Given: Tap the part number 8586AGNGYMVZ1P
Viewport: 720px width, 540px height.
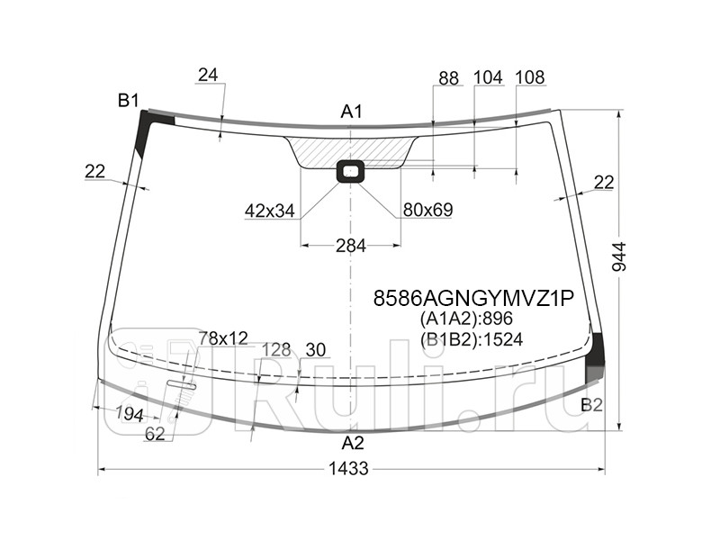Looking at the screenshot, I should [x=473, y=299].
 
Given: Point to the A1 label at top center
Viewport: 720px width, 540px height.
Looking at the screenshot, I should [x=351, y=112].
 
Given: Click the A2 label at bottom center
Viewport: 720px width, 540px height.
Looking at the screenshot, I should [x=353, y=443].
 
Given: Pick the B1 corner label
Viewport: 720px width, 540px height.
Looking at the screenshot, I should [x=129, y=100].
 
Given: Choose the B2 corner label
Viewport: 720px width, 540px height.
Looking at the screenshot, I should [x=591, y=404].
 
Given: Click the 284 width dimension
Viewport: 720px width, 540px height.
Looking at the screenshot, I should [x=350, y=246].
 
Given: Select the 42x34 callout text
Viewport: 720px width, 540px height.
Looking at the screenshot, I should [x=269, y=211].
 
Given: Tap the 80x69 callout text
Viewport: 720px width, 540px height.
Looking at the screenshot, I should [x=427, y=211].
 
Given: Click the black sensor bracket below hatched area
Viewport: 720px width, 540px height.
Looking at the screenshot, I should [x=350, y=170].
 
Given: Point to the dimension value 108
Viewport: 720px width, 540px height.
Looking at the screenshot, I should [x=530, y=77].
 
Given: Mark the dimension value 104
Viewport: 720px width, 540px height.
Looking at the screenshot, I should [x=487, y=77].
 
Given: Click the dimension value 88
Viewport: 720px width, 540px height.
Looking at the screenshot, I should [x=448, y=78].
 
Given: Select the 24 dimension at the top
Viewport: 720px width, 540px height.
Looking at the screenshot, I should [x=208, y=76].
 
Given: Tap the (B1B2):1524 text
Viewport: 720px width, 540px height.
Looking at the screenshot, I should [x=471, y=338].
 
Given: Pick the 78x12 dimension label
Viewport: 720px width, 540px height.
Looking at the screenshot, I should [x=222, y=337].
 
